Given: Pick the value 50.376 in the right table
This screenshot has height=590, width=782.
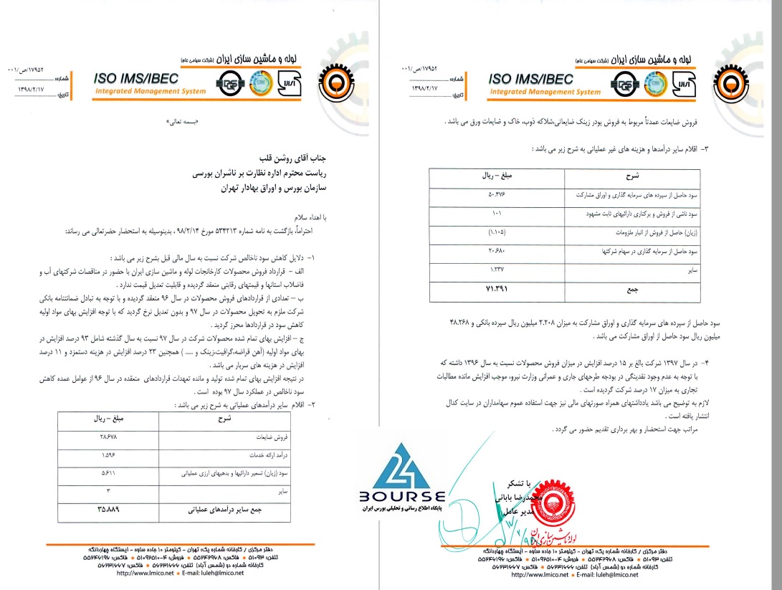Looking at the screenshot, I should tap(497, 195).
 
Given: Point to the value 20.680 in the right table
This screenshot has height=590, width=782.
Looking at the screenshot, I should tap(497, 252).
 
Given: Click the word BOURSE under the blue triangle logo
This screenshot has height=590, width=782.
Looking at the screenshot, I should tap(402, 496).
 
